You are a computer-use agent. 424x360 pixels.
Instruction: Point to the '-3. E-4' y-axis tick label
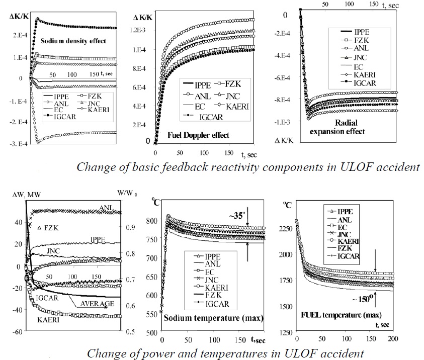pos(19,143)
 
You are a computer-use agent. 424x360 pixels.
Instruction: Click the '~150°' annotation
pos(377,313)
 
